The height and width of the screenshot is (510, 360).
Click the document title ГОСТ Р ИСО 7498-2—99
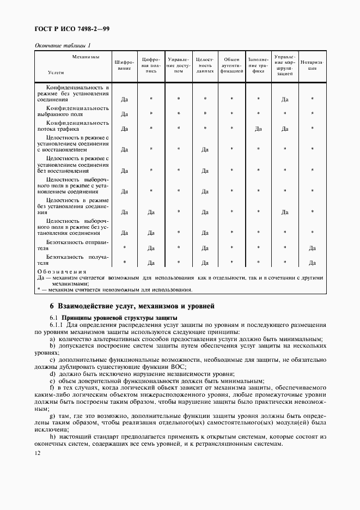point(72,29)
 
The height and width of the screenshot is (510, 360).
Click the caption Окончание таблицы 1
point(63,45)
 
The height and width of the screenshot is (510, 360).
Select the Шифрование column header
point(124,65)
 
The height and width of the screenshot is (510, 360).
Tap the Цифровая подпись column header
point(151,65)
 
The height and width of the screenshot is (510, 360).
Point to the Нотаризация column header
point(312,65)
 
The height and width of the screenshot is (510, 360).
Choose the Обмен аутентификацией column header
point(231,65)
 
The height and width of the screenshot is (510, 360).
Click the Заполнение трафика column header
point(258,65)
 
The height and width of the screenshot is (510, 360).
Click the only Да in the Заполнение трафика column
point(258,129)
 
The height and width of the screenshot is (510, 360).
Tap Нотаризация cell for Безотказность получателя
point(312,263)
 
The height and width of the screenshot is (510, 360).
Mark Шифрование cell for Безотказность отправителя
point(124,248)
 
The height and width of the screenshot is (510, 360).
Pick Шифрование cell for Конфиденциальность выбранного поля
point(124,114)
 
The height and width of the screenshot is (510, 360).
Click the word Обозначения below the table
point(61,271)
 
